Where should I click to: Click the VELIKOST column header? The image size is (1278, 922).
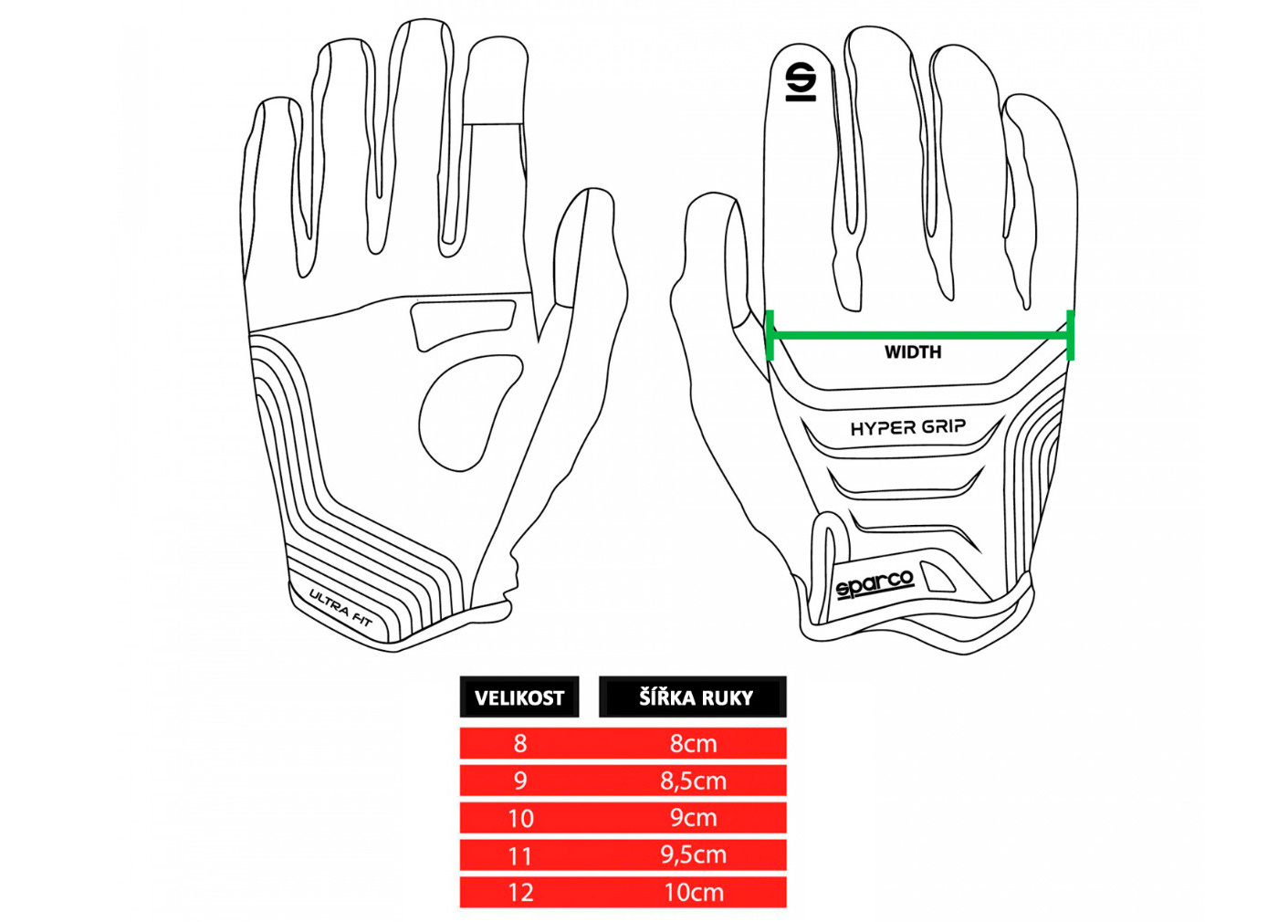click(x=519, y=697)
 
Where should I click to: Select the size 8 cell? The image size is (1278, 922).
click(x=520, y=743)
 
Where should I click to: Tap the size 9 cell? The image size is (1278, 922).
click(x=520, y=781)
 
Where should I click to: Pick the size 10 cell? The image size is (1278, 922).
click(x=520, y=818)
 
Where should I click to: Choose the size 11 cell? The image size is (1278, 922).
click(x=520, y=855)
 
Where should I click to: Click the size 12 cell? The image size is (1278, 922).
click(x=520, y=892)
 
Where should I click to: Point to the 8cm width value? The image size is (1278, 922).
click(x=694, y=743)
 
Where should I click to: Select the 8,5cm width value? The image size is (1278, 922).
click(x=694, y=781)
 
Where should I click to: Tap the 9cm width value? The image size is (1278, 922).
click(x=694, y=818)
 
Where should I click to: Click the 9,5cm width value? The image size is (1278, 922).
click(x=694, y=855)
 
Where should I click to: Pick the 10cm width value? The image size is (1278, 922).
click(x=694, y=892)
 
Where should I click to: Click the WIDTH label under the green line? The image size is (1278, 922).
click(x=913, y=352)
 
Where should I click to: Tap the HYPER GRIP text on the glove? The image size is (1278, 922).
click(x=907, y=427)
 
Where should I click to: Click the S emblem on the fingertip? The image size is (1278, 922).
click(x=801, y=80)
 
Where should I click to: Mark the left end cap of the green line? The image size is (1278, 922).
click(x=770, y=335)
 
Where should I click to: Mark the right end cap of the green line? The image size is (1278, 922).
click(x=1070, y=335)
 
